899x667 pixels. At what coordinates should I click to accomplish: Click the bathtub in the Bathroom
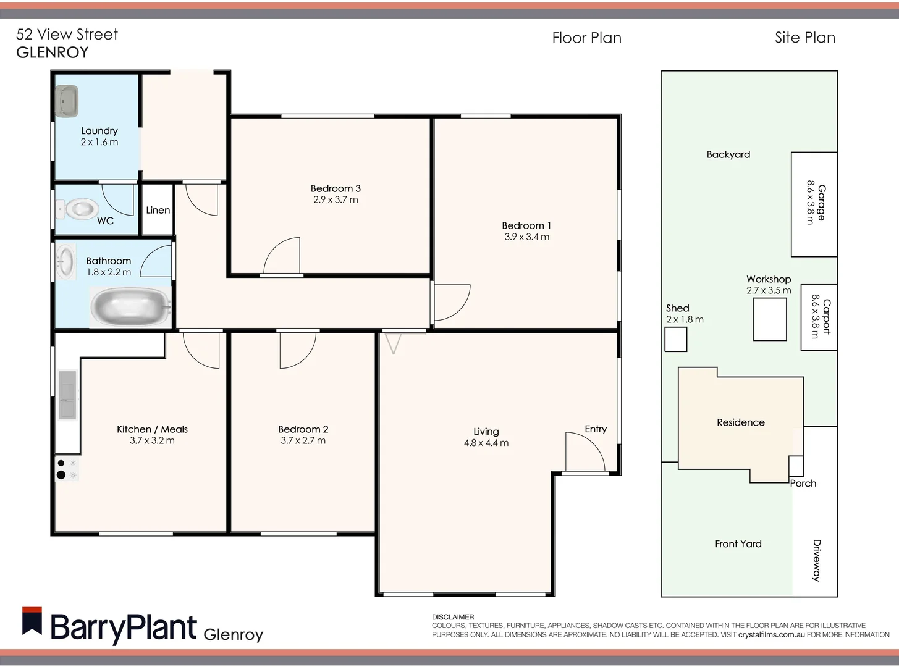(130, 307)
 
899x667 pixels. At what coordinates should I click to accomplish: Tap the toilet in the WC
(78, 209)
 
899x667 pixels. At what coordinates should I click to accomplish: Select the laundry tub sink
(67, 101)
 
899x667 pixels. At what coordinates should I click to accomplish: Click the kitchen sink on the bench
(67, 395)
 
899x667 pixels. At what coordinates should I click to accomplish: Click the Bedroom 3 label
(336, 188)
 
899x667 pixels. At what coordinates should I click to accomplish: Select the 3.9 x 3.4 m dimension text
(526, 237)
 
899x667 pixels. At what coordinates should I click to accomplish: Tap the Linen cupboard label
(158, 210)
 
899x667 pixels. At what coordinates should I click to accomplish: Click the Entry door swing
(584, 451)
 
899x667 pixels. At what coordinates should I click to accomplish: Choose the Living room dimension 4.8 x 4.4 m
(486, 443)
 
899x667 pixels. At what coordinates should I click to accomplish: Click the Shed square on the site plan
(676, 339)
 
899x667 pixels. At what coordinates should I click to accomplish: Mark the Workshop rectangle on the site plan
(770, 319)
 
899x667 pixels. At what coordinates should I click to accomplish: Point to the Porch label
(803, 484)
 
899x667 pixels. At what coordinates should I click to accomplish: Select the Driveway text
(817, 560)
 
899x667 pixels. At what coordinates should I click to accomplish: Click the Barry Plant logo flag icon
(32, 621)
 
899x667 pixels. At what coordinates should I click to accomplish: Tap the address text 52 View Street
(67, 35)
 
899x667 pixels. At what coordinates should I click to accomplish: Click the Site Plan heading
(804, 38)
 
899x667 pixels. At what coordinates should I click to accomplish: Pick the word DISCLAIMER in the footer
(453, 617)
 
